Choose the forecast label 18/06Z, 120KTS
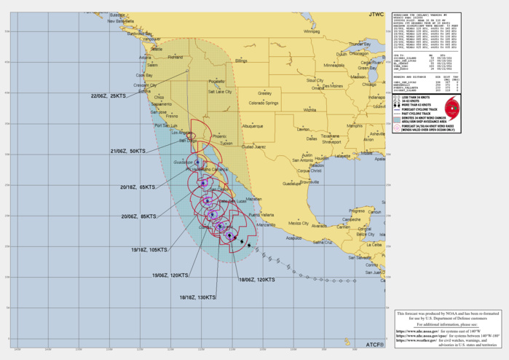(257, 280)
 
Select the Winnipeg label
(312, 32)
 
